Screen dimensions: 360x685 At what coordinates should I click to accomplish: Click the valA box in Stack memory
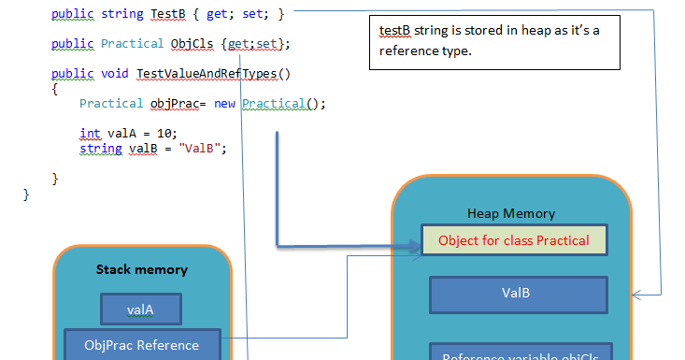point(141,309)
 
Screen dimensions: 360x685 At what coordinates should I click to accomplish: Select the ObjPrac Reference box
point(141,344)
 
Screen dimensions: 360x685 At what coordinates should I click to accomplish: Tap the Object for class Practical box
point(514,240)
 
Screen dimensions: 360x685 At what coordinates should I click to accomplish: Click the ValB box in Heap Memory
point(516,293)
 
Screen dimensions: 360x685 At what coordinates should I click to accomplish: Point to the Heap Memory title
point(511,213)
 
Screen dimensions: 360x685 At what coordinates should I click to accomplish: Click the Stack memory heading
point(142,269)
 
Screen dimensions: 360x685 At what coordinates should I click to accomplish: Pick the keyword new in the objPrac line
point(224,104)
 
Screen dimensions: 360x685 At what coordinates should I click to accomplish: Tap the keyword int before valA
point(90,134)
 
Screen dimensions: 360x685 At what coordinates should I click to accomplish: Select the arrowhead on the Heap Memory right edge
point(637,295)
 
